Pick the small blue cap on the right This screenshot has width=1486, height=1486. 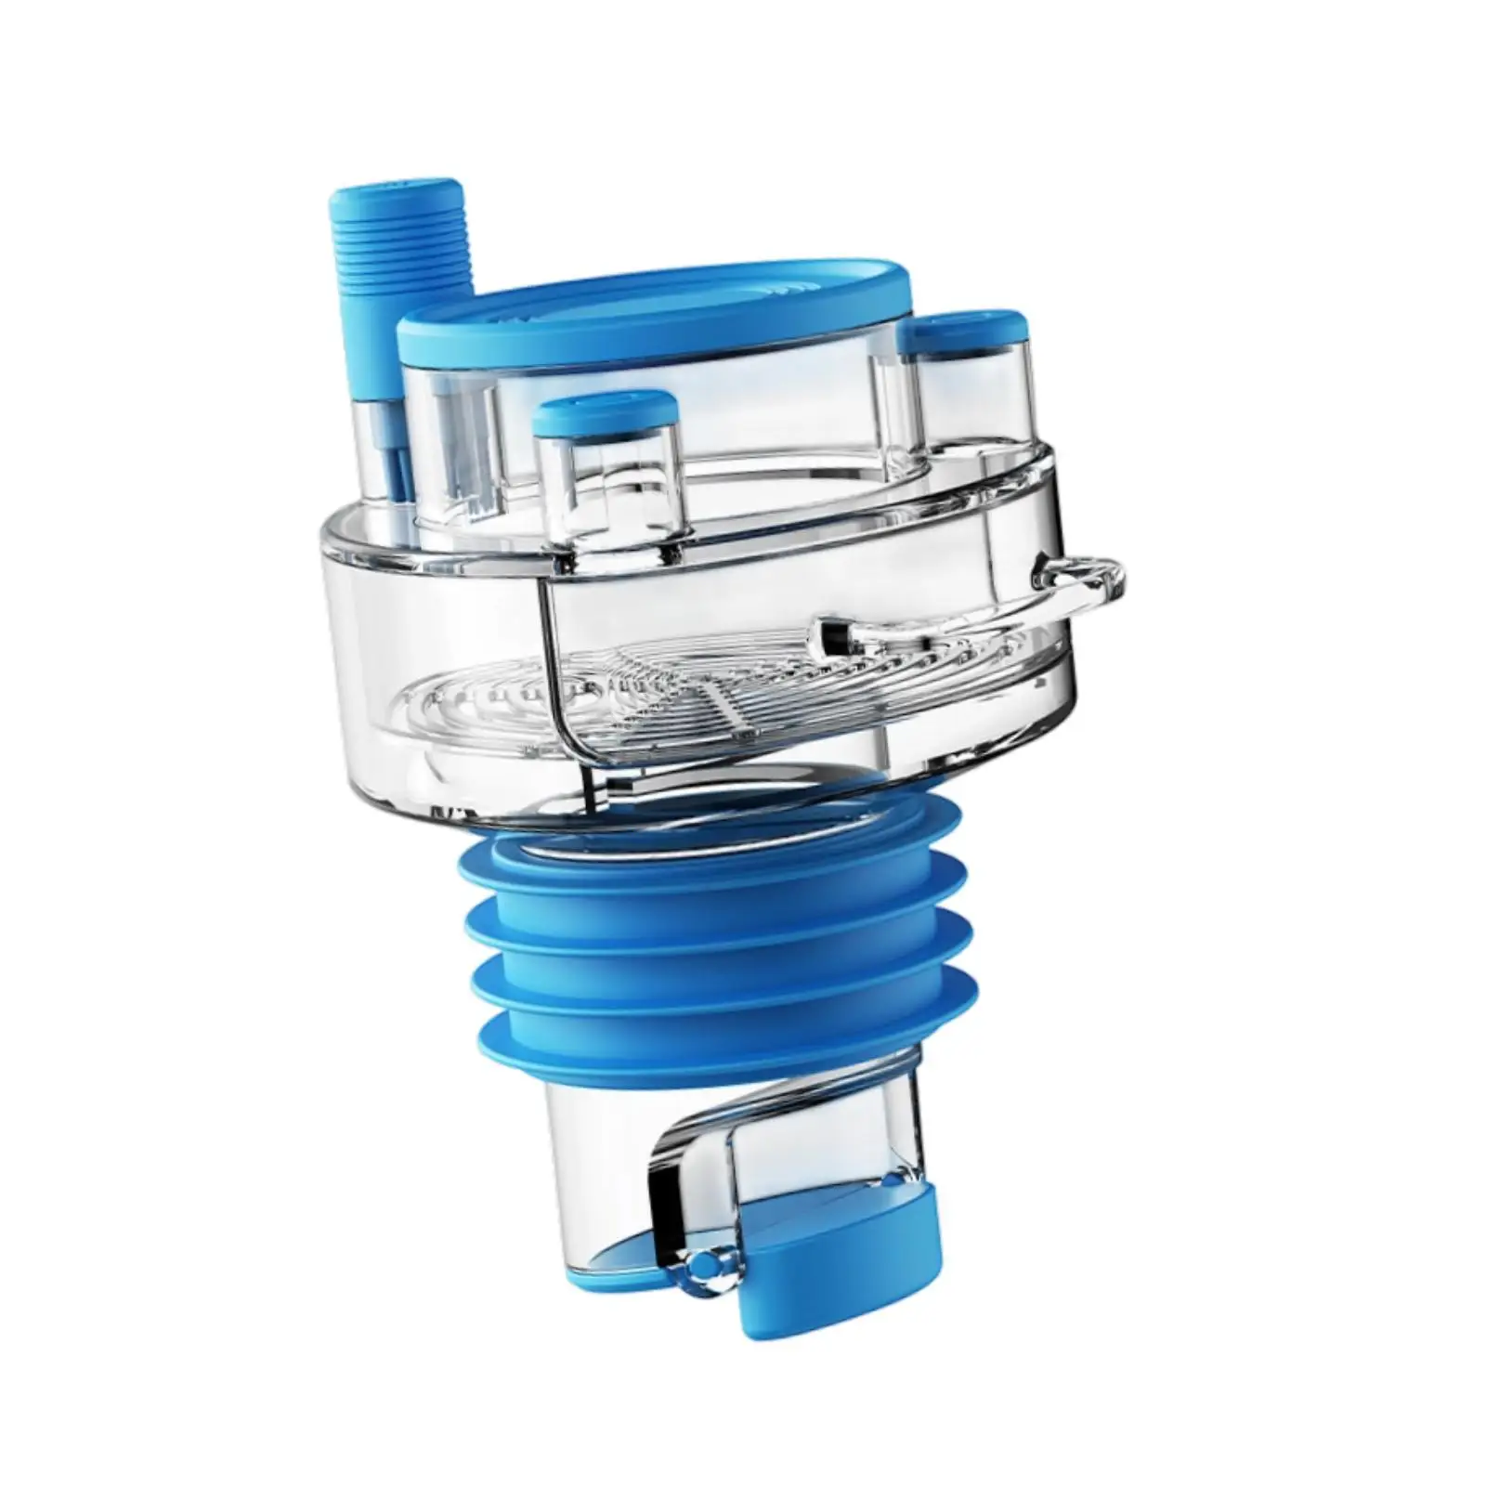pyautogui.click(x=966, y=330)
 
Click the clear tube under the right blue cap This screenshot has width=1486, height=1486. pyautogui.click(x=971, y=399)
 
